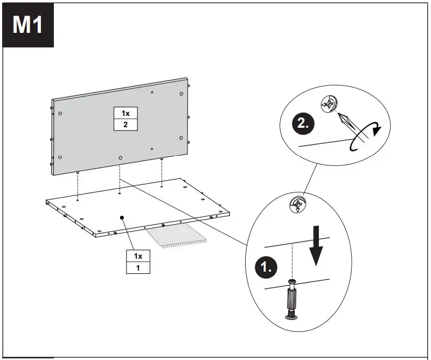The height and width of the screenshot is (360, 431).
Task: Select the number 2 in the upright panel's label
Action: [126, 124]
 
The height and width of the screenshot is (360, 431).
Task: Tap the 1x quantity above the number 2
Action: [126, 113]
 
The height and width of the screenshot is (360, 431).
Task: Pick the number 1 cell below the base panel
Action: [138, 267]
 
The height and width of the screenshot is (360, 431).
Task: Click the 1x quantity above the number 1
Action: [138, 255]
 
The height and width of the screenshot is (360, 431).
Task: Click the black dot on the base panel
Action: [122, 217]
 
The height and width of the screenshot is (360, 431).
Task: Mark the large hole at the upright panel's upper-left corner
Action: [60, 113]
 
